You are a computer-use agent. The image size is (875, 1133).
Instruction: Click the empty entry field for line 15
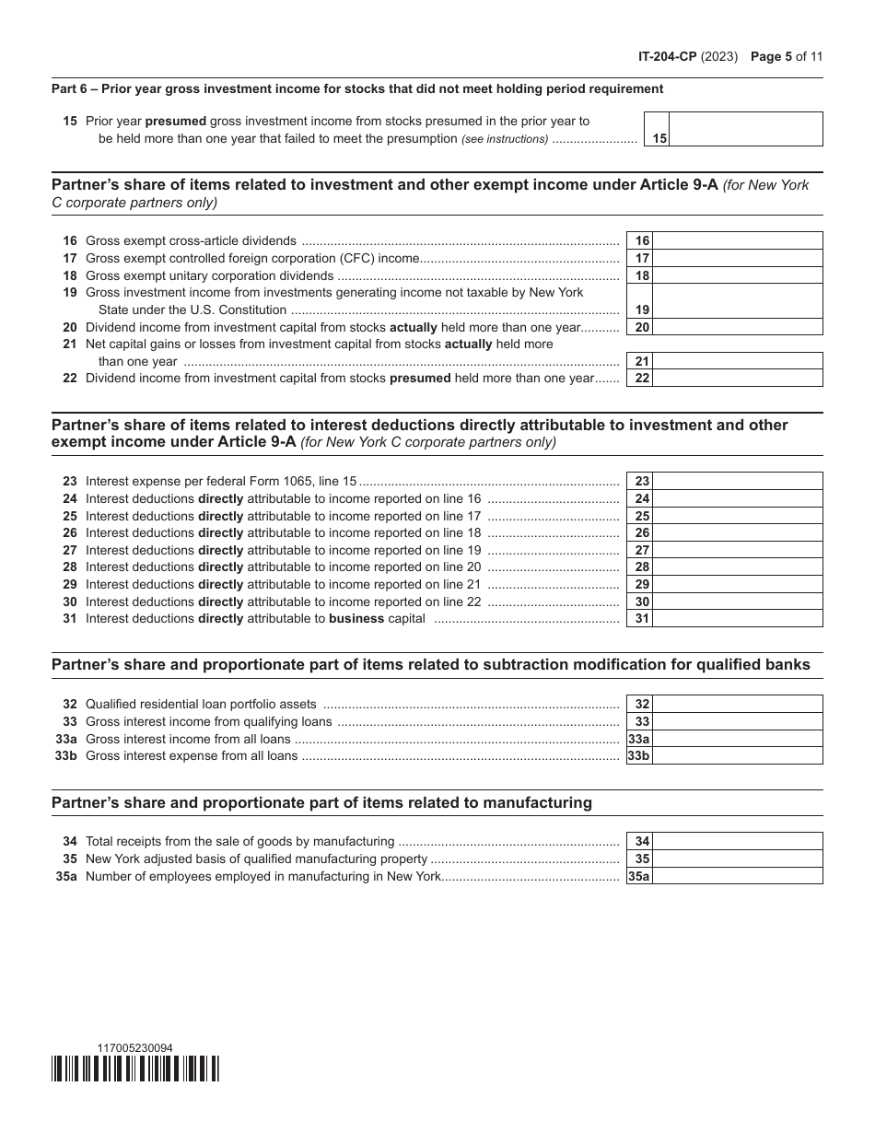coord(745,129)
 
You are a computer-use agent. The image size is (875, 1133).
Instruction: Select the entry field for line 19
coord(737,301)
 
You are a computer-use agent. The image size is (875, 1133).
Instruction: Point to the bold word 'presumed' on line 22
coord(420,378)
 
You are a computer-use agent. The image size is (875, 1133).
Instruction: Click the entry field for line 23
coord(737,481)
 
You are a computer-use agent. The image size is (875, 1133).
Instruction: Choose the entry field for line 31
coord(737,619)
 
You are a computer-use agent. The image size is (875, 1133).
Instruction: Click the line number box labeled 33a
coord(639,739)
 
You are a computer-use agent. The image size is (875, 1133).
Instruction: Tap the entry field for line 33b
coord(737,756)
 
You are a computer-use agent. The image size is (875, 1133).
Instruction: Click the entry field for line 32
coord(737,705)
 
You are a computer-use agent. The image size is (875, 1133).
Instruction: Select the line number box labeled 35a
coord(639,877)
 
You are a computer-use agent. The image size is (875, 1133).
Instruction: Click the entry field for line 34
coord(737,842)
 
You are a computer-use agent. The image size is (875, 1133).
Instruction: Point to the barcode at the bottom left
coord(135,1069)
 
